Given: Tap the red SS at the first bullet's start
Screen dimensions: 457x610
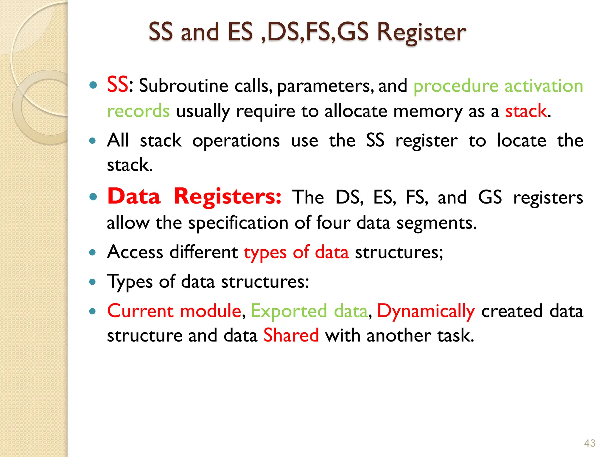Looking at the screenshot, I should [x=117, y=85].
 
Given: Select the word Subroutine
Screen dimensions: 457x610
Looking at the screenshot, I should [x=183, y=86].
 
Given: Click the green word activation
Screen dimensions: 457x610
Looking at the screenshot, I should [x=544, y=86].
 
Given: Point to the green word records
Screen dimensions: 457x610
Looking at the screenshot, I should [x=138, y=111].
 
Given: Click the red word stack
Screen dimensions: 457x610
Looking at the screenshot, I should [x=526, y=111].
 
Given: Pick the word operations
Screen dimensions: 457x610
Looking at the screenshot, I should [x=236, y=141].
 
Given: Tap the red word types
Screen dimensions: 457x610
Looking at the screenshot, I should [x=265, y=253].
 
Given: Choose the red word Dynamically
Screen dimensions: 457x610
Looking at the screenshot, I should [x=426, y=312].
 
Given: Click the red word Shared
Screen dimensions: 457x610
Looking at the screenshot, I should [x=291, y=335].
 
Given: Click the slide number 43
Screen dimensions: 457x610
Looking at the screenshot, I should [x=589, y=443].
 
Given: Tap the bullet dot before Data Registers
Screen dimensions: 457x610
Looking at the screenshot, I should [x=93, y=197].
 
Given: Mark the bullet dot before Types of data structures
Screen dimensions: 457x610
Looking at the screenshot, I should [x=93, y=281].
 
